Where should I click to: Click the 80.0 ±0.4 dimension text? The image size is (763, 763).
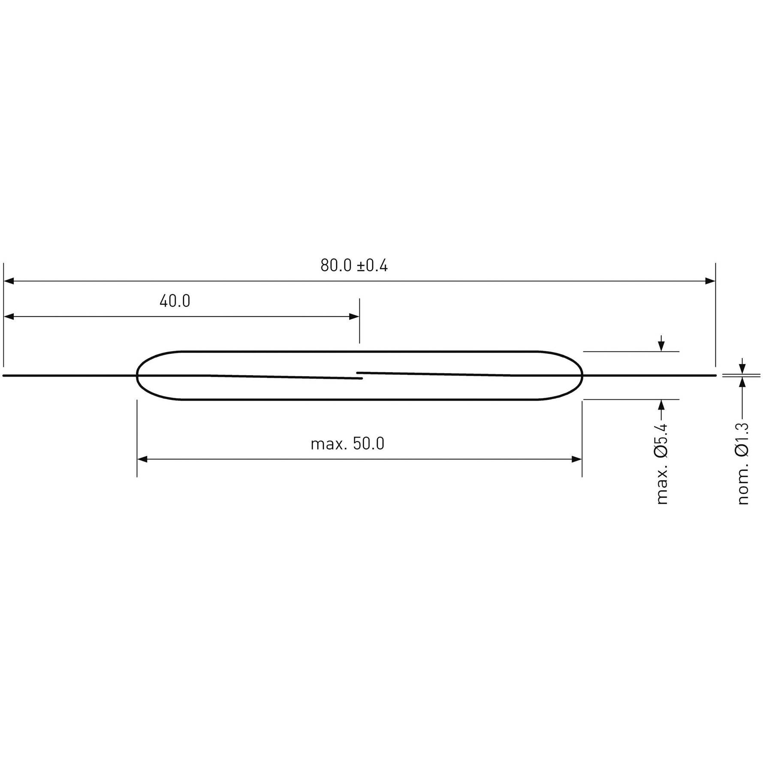[x=354, y=266]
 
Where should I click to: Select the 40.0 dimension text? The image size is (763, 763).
[x=175, y=301]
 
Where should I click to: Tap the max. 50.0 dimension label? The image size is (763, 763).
[x=347, y=443]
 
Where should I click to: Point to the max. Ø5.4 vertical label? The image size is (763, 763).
[x=662, y=464]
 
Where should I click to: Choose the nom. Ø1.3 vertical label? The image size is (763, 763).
[x=743, y=464]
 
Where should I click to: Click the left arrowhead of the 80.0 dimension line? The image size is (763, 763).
[x=9, y=281]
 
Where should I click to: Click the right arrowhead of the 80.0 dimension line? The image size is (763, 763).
[x=710, y=281]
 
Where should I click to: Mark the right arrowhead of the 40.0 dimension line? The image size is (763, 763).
[x=354, y=317]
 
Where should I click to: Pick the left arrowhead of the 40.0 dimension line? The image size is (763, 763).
[x=9, y=317]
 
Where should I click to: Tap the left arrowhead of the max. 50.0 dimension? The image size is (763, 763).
[x=142, y=459]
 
